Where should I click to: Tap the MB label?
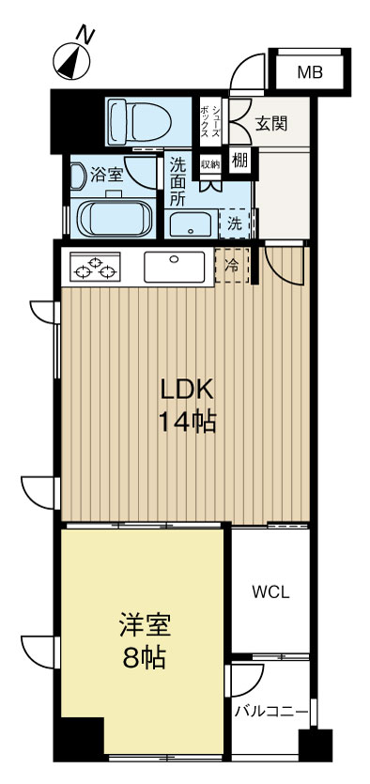pos(310,73)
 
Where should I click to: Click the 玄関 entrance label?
pos(271,124)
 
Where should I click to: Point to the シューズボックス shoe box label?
pos(210,121)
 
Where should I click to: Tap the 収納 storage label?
pos(210,163)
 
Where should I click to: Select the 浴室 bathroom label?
pos(106,175)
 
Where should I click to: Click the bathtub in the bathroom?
pos(115,218)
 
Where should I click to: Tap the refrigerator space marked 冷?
pos(231,266)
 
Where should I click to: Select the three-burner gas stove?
pos(95,267)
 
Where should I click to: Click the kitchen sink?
pos(174,267)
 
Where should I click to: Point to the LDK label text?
pos(187,390)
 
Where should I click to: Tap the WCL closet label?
pos(270,593)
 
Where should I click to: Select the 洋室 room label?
pos(145,627)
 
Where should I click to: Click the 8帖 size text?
pos(145,659)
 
